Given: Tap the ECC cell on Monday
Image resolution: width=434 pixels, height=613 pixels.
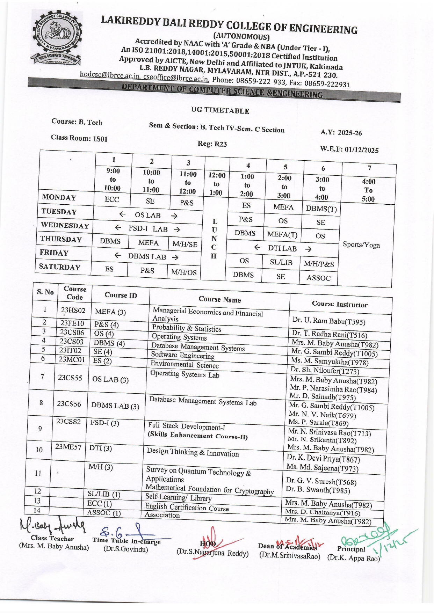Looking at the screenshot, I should [x=112, y=199].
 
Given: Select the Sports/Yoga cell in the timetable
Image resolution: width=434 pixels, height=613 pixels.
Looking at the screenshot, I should [x=361, y=245].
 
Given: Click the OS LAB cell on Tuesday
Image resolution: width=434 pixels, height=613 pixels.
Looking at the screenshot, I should [x=148, y=215].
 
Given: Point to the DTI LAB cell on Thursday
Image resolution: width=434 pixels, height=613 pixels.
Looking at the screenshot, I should [x=282, y=248].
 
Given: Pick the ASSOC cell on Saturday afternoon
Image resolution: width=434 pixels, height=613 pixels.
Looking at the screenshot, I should [x=318, y=278].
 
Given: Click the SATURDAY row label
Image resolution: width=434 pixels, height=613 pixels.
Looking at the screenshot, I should [x=60, y=267].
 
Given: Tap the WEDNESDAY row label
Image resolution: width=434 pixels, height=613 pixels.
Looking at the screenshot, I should [x=65, y=225].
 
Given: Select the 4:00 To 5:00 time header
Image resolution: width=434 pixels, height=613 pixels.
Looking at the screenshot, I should [x=368, y=190].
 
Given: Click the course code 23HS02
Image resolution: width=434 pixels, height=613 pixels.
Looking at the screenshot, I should [x=73, y=310].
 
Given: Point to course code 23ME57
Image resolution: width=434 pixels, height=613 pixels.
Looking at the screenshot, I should [x=68, y=447].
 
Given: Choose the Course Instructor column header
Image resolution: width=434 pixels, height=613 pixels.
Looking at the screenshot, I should [x=340, y=304].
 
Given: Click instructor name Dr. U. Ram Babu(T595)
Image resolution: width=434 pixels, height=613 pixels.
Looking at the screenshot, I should [x=324, y=321].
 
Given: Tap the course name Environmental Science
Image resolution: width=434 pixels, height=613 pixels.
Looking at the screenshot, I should [x=185, y=365].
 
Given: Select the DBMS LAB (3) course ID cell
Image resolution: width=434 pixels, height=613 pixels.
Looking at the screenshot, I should [x=115, y=406].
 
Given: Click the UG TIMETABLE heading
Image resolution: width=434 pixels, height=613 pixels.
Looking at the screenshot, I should [x=220, y=110].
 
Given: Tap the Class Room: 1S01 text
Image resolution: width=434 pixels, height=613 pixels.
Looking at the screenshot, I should [x=79, y=138].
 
